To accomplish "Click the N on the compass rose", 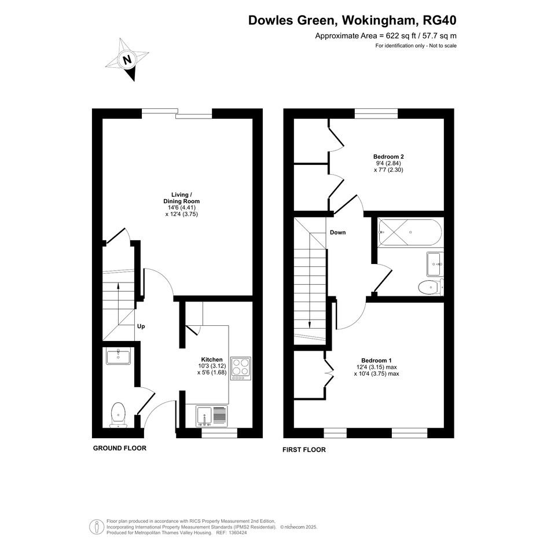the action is [x=128, y=60].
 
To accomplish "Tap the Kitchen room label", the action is [x=212, y=359].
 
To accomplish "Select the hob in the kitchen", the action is [x=241, y=368].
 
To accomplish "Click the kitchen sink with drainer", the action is [x=211, y=416].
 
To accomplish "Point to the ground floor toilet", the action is [x=118, y=415].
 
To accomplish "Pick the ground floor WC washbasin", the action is [x=118, y=356].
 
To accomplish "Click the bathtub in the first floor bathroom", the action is [x=410, y=232].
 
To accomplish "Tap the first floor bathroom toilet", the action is [x=431, y=288].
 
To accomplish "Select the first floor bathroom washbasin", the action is [x=435, y=264].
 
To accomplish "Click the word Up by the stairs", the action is [x=141, y=326].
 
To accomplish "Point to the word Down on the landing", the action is [x=337, y=232].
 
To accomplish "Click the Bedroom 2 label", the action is [x=388, y=157].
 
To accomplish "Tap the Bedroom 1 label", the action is [x=376, y=361].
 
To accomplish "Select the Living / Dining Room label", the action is [x=181, y=198].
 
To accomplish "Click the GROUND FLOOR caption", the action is [x=120, y=448].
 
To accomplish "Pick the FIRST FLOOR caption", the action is [x=304, y=450].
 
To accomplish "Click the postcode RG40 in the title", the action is [x=439, y=20].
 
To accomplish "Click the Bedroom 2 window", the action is [x=376, y=113].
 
